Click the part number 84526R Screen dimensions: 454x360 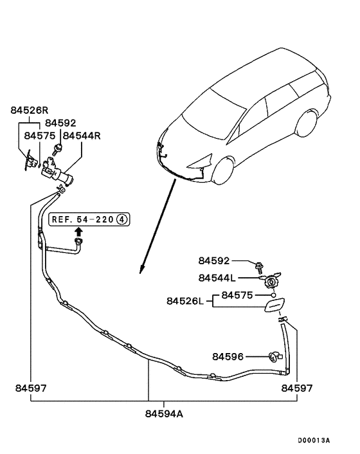click(30, 110)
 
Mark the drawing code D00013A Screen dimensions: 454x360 click(314, 440)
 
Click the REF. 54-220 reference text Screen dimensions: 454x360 click(84, 220)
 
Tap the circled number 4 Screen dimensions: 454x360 click(122, 220)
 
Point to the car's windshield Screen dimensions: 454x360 click(212, 106)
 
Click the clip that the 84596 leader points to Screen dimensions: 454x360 click(273, 356)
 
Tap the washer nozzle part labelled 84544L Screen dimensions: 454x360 click(271, 280)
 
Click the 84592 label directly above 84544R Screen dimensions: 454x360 click(60, 123)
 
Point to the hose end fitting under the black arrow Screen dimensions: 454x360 click(80, 242)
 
